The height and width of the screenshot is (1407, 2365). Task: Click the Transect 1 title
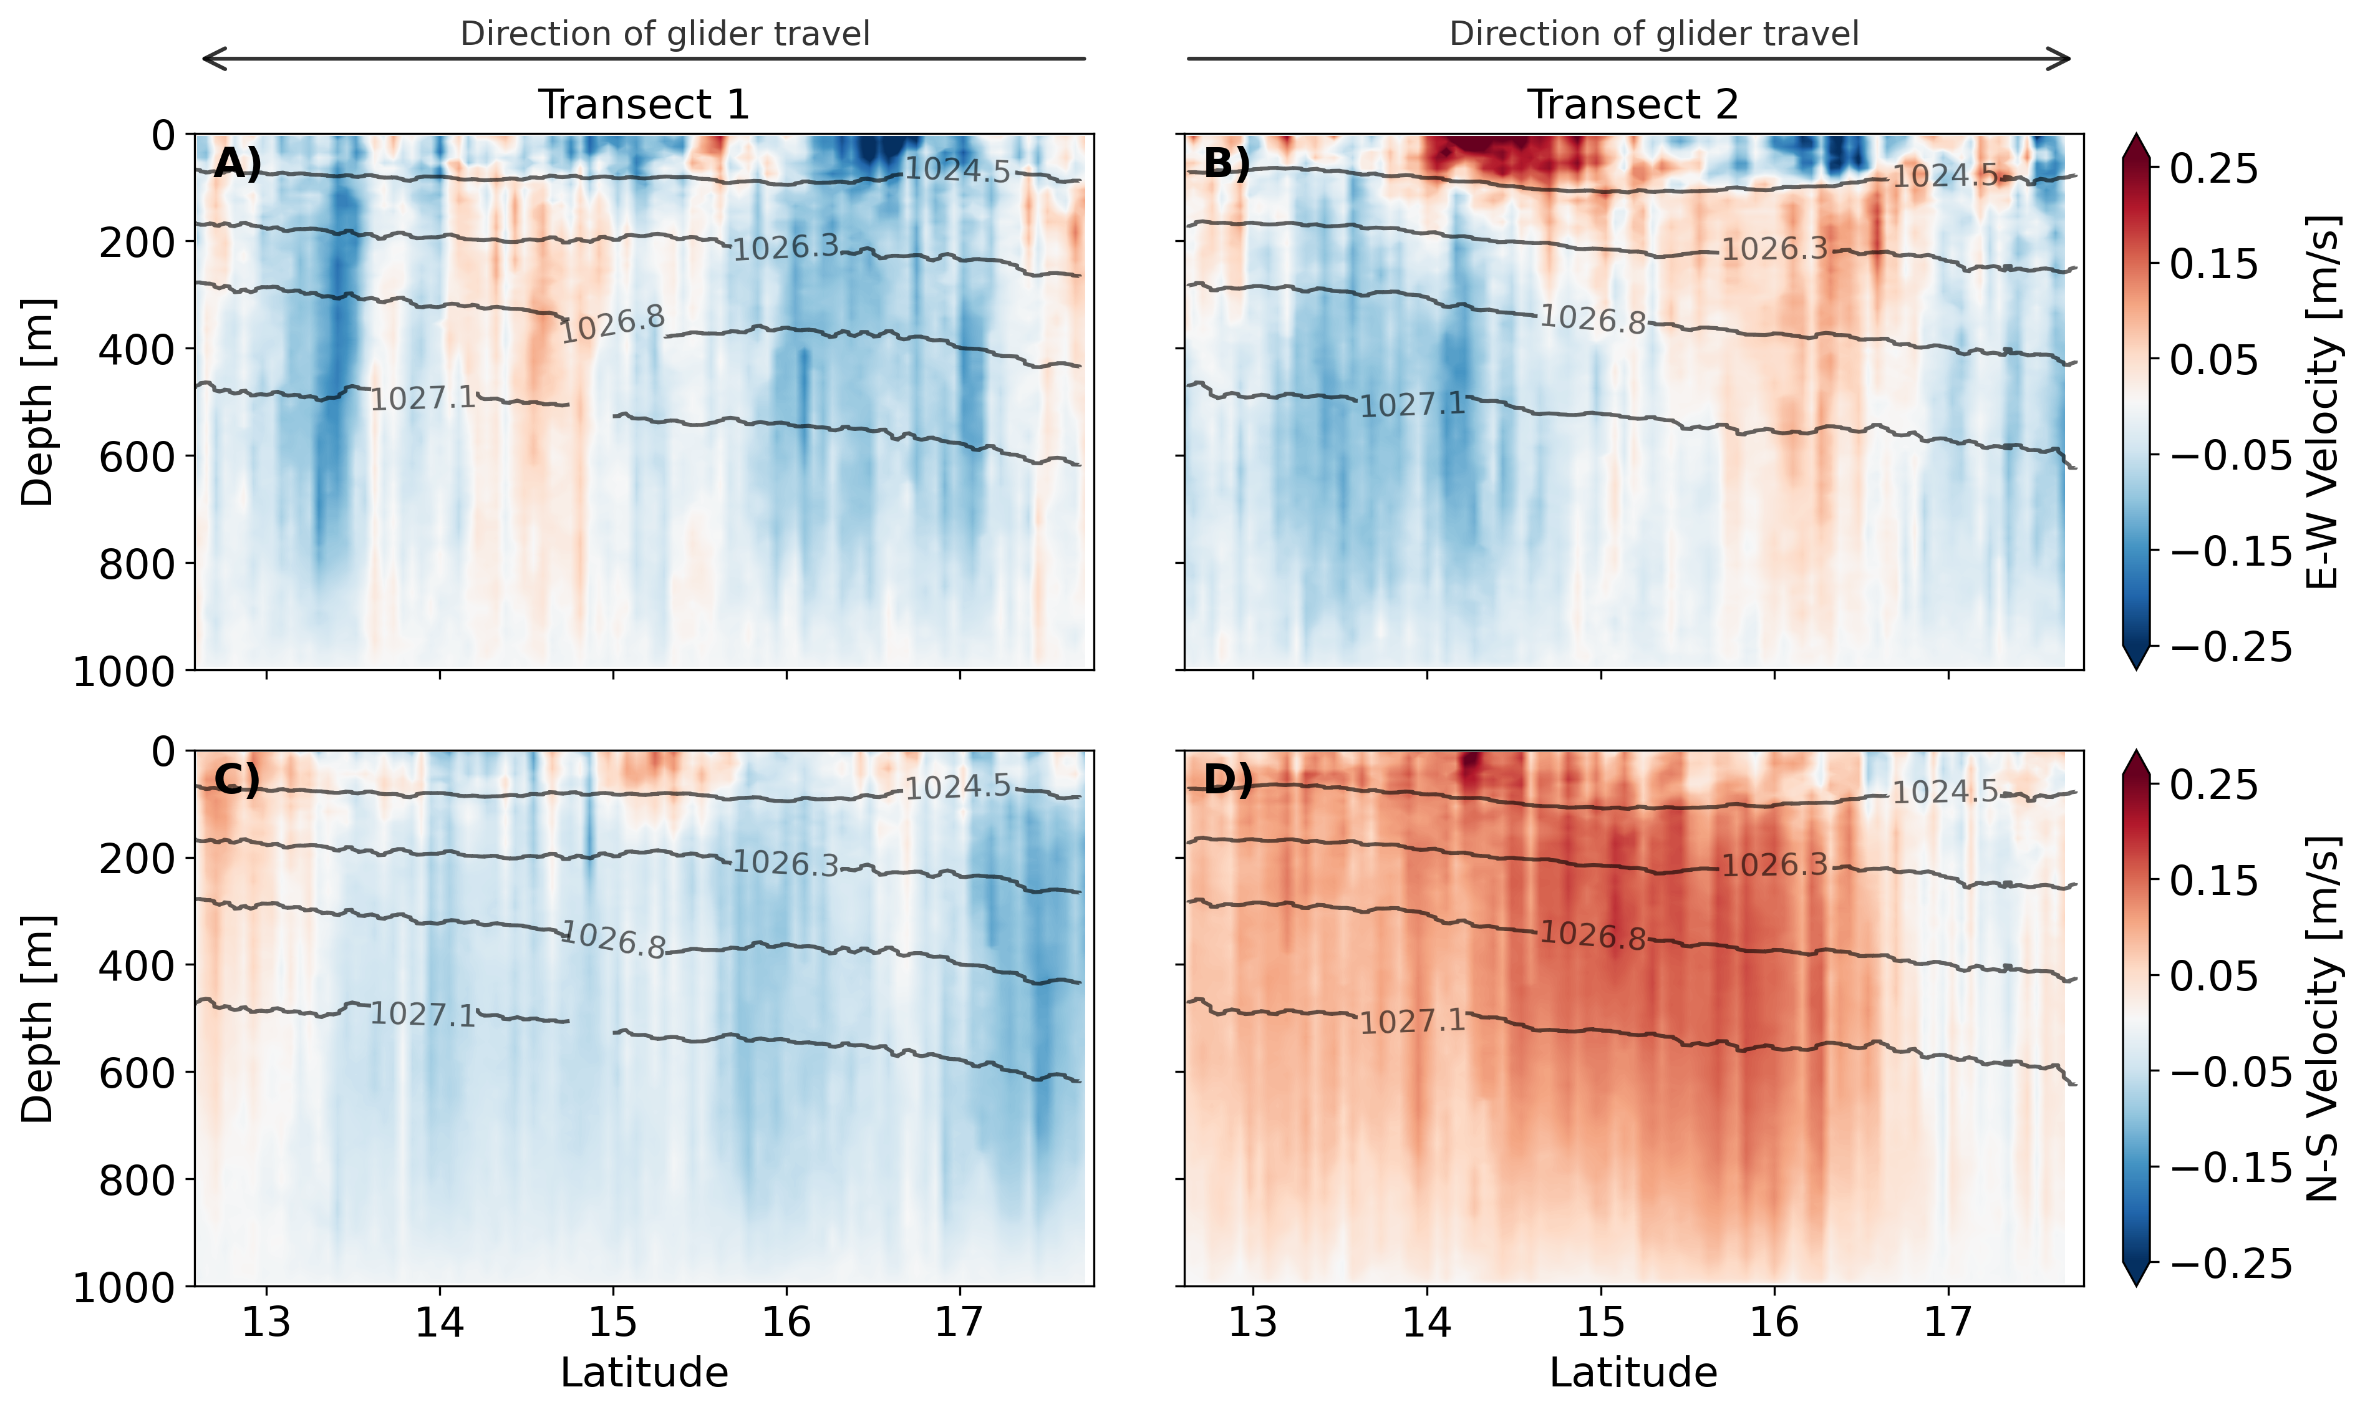[644, 104]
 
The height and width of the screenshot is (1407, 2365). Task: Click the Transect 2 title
[1632, 104]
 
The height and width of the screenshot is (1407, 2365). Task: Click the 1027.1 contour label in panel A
[423, 398]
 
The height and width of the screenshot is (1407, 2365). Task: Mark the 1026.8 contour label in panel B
[1592, 319]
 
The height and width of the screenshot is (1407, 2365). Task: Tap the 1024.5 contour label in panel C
[957, 787]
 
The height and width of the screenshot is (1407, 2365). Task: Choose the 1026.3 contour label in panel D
[1774, 864]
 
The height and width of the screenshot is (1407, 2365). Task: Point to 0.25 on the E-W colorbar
[2214, 170]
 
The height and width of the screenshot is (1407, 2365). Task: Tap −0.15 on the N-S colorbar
[2230, 1167]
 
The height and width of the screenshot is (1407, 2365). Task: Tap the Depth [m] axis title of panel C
[38, 1018]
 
